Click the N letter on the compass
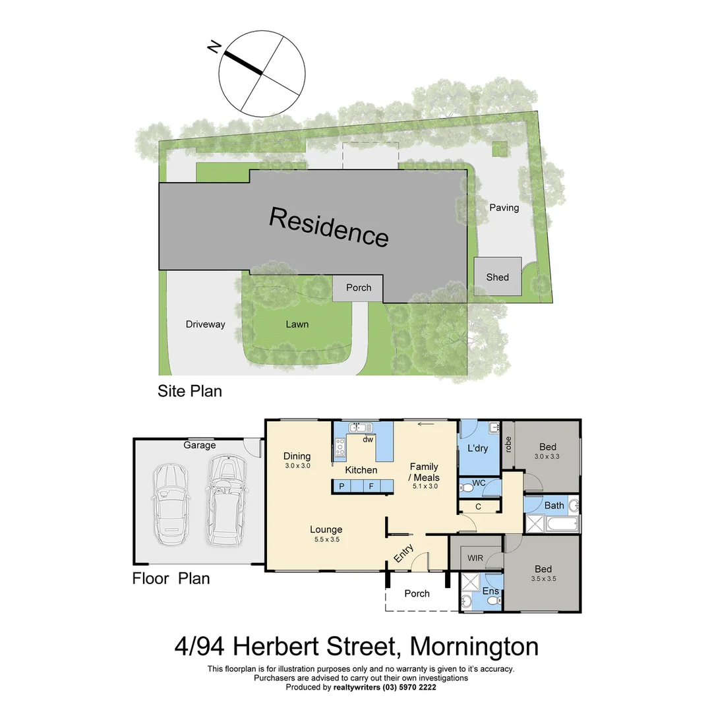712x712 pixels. tap(214, 47)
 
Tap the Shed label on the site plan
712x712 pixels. tap(498, 277)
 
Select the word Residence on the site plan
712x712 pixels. tap(328, 226)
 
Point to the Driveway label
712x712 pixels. tap(205, 324)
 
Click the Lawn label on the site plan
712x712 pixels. tap(297, 324)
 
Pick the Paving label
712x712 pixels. tap(504, 208)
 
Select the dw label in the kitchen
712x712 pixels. tap(368, 440)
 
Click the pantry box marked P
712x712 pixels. tap(341, 487)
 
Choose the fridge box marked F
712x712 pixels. tap(371, 487)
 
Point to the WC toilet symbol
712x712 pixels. tap(468, 487)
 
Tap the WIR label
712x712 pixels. tap(475, 558)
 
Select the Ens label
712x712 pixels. tap(491, 591)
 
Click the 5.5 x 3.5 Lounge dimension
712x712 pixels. tap(326, 540)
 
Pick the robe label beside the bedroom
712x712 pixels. tap(508, 444)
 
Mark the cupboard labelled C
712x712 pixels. tap(478, 506)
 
